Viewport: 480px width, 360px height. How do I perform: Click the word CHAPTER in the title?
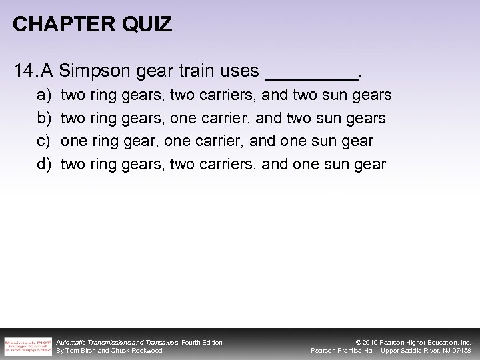[x=53, y=25]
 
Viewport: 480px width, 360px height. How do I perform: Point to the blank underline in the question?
[x=311, y=73]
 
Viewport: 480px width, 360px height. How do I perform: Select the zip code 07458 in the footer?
[x=461, y=351]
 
